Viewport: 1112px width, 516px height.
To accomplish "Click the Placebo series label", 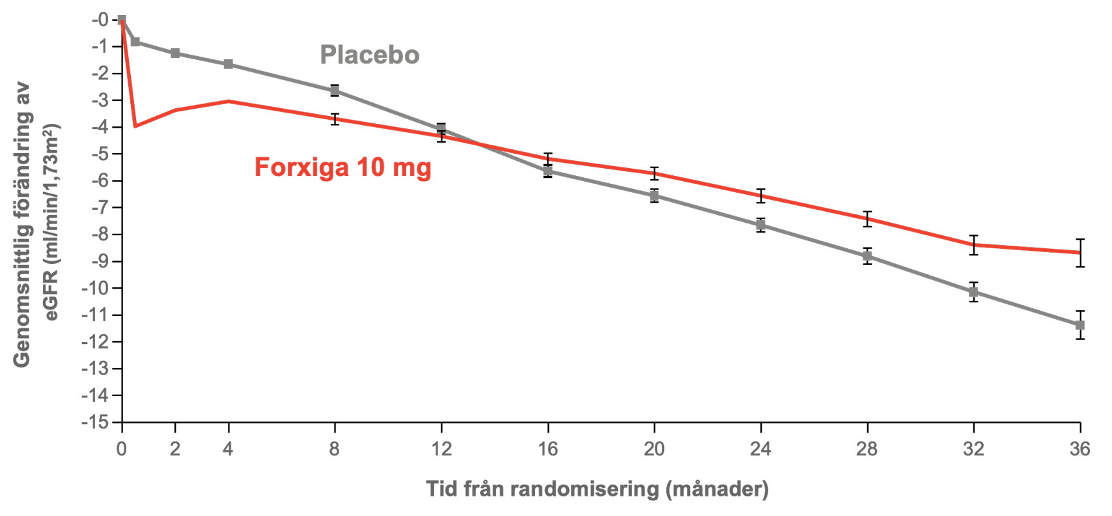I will (x=369, y=55).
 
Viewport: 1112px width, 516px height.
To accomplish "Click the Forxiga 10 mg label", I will (x=342, y=167).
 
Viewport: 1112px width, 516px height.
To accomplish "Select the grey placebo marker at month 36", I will (x=1079, y=325).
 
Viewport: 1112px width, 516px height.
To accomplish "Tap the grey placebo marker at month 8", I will (x=335, y=91).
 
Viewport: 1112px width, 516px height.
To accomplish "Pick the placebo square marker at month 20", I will (x=654, y=196).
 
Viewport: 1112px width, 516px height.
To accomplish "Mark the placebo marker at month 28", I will (x=867, y=256).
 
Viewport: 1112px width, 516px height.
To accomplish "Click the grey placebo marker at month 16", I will (x=548, y=171).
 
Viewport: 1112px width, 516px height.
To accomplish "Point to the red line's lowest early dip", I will (x=135, y=126).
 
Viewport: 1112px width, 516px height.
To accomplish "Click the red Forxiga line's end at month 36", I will (x=1079, y=252).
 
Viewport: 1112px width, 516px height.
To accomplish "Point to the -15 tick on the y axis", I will (x=95, y=422).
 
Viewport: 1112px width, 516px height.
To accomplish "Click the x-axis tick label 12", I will (x=441, y=449).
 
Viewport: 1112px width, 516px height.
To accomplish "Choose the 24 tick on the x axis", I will (x=760, y=449).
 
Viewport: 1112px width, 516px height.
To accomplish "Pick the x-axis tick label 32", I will (x=973, y=449).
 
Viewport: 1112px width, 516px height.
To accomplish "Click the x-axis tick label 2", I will (x=174, y=449).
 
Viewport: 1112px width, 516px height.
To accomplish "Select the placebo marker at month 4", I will (x=228, y=64).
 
